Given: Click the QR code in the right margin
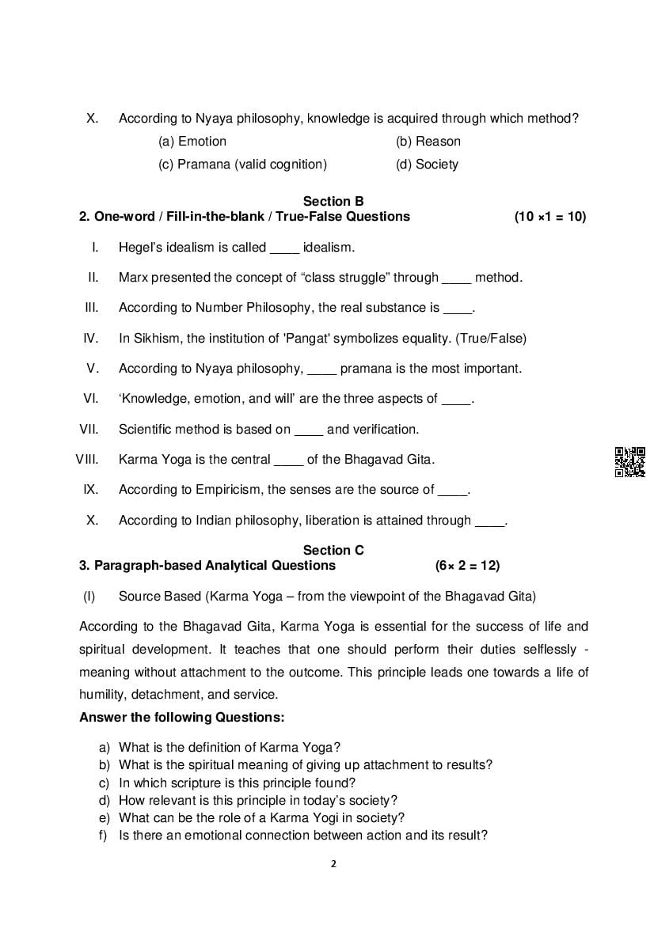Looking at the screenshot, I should pos(629,462).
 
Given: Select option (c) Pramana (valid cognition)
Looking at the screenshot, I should pos(242,165).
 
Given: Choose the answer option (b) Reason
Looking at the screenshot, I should pos(428,142).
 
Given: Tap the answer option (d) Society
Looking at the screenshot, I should pos(427,165).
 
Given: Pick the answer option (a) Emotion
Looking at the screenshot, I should pos(192,142).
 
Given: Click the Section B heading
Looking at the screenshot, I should pos(333,202).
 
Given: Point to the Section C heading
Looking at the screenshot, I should pos(333,551).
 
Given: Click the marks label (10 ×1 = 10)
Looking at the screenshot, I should pos(550,217).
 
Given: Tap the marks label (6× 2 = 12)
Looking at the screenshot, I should pos(467,566).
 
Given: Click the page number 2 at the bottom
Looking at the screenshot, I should pos(333,864).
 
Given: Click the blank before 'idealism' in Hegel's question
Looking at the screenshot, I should pos(284,248).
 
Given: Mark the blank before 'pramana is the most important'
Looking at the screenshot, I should pos(321,370).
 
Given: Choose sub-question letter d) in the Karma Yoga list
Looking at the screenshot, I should pos(104,801).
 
